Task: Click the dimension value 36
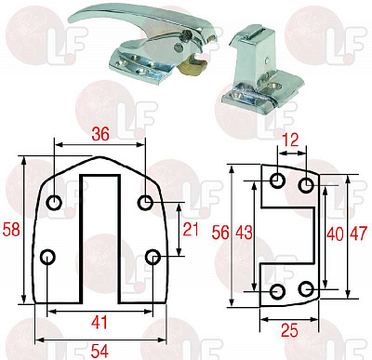pos(101,134)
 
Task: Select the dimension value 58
pos(11,230)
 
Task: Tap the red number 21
pos(191,230)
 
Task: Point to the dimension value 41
pos(100,323)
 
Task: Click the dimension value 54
pos(100,352)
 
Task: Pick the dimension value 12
pos(291,140)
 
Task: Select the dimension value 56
pos(220,233)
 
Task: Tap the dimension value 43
pos(244,233)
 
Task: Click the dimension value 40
pos(335,233)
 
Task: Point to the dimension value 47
pos(358,233)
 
